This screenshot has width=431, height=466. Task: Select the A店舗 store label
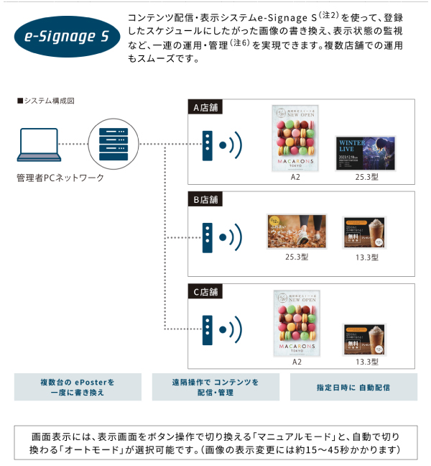click(x=205, y=108)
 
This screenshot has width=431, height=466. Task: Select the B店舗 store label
click(x=205, y=199)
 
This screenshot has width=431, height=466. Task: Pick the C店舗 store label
click(x=205, y=292)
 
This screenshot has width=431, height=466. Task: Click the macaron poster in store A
click(x=295, y=137)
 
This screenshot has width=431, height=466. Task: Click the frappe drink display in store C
click(x=364, y=339)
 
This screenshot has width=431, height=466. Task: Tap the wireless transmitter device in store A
click(x=207, y=145)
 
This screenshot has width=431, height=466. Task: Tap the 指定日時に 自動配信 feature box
click(x=353, y=388)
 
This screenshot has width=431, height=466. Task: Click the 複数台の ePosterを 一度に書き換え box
click(x=78, y=388)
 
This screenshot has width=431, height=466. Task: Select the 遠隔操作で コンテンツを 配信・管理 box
click(x=215, y=388)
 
